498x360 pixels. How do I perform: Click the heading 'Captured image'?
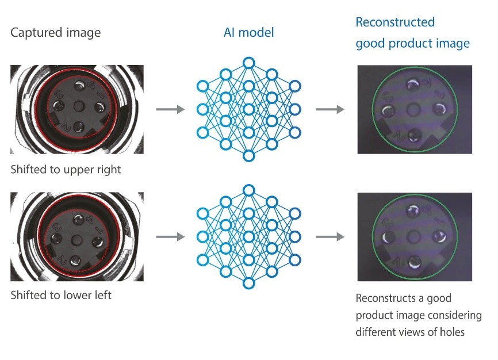tap(55, 33)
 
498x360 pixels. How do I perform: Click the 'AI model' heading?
tap(248, 33)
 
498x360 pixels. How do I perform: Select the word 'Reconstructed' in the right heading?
tap(395, 22)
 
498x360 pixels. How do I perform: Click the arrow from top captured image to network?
tap(171, 109)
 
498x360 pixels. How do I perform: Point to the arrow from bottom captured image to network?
tap(171, 236)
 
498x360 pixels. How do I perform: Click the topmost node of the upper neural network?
tap(248, 62)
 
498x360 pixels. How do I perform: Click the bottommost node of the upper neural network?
tap(248, 156)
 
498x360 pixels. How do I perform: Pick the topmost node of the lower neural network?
tap(248, 190)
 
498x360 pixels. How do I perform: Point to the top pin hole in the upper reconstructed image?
tap(412, 85)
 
